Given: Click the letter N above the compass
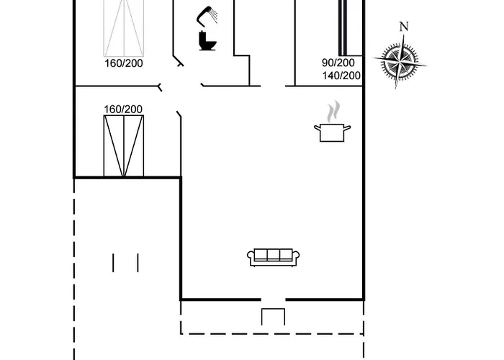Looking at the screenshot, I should pyautogui.click(x=404, y=27).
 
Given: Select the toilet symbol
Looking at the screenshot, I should pyautogui.click(x=207, y=41).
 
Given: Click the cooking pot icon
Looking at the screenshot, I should pyautogui.click(x=332, y=132).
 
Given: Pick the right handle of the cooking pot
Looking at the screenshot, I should pyautogui.click(x=347, y=128).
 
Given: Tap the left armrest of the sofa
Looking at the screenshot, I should pyautogui.click(x=251, y=256).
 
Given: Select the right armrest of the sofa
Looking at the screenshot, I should pyautogui.click(x=296, y=256).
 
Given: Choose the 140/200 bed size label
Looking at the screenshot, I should pyautogui.click(x=341, y=75).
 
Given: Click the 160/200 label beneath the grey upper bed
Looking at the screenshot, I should pyautogui.click(x=123, y=63).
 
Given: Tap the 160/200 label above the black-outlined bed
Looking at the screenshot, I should pyautogui.click(x=123, y=109).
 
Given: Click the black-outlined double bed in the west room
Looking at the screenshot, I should pyautogui.click(x=124, y=145).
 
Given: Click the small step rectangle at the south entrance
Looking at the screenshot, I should pyautogui.click(x=273, y=317).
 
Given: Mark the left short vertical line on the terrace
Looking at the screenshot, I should pyautogui.click(x=114, y=262).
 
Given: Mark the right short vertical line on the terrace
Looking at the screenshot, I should pyautogui.click(x=137, y=262).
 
